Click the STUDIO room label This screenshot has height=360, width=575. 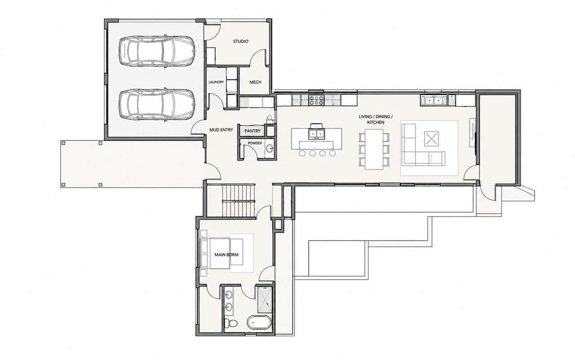coord(240,41)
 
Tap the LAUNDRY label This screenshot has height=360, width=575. coord(216,82)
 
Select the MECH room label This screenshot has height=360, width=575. coord(255,82)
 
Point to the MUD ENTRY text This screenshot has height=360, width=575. coord(221,130)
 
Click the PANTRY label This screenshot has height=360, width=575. coord(252,131)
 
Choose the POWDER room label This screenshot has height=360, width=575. coord(255,143)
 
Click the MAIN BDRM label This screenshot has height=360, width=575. coord(226,255)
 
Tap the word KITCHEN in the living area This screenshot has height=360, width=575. coord(376,123)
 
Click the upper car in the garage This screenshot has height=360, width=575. coord(157,52)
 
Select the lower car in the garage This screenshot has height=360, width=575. coord(157,105)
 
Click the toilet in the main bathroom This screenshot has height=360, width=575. coord(231,323)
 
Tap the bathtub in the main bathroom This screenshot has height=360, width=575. coord(259,322)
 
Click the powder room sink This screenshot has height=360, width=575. coord(270,148)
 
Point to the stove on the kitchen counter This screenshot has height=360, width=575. coord(316,100)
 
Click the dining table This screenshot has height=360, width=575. coord(374,149)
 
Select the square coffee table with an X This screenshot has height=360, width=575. coord(431,139)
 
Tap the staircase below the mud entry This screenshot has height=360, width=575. coord(239,200)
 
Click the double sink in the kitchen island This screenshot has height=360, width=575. coord(317,134)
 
